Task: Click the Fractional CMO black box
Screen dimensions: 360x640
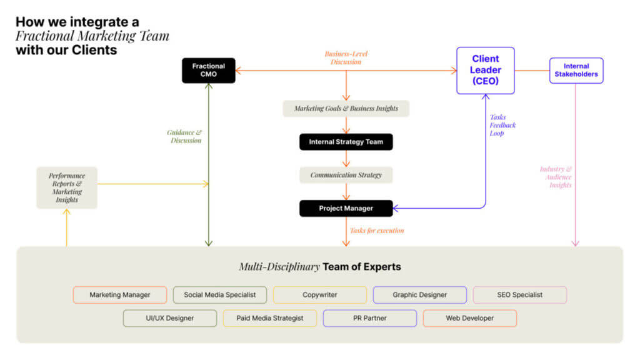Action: pyautogui.click(x=208, y=71)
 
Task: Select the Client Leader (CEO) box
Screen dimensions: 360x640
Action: pyautogui.click(x=486, y=70)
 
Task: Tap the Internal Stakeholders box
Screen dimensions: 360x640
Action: pyautogui.click(x=576, y=71)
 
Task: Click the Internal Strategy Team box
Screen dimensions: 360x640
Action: pyautogui.click(x=346, y=142)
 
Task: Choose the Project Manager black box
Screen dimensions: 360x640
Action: pyautogui.click(x=346, y=208)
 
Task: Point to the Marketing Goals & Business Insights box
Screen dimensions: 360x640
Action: pyautogui.click(x=346, y=108)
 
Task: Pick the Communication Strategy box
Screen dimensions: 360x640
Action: pyautogui.click(x=346, y=175)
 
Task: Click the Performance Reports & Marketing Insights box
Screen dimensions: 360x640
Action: pyautogui.click(x=67, y=187)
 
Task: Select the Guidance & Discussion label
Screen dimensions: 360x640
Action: pyautogui.click(x=184, y=136)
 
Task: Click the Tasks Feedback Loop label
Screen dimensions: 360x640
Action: pyautogui.click(x=502, y=125)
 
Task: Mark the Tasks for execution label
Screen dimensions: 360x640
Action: pyautogui.click(x=377, y=231)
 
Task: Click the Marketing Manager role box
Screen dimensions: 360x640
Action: pyautogui.click(x=120, y=295)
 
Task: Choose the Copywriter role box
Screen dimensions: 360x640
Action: pyautogui.click(x=320, y=295)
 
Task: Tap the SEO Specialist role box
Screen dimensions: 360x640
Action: pyautogui.click(x=520, y=295)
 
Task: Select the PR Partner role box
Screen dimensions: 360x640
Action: pyautogui.click(x=370, y=318)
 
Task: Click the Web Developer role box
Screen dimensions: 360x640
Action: pyautogui.click(x=470, y=318)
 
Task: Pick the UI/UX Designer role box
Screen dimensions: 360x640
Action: pyautogui.click(x=170, y=318)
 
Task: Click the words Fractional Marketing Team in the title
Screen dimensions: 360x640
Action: pyautogui.click(x=92, y=36)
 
